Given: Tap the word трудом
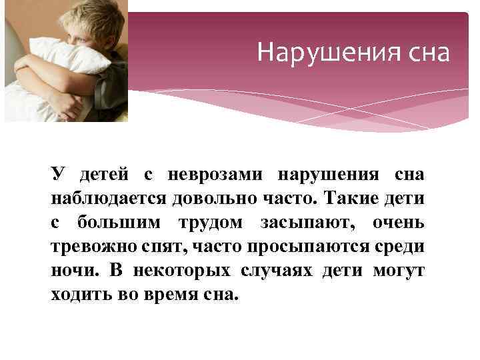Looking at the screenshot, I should point(208,223).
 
